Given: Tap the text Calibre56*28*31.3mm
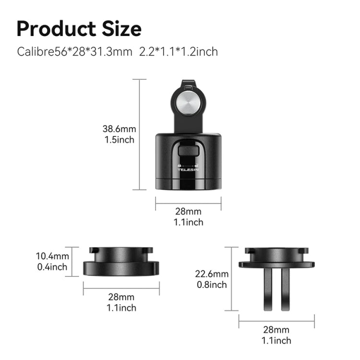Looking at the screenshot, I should coord(74,51).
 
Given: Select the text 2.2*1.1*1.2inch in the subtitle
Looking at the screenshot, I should coord(179,51).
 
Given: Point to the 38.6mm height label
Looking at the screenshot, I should coord(119,129).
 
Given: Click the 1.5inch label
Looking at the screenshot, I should coord(119,140).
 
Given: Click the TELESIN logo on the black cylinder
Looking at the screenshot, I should coord(188,169).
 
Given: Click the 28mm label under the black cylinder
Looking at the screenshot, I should coord(188,212).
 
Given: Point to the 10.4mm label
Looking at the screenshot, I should coord(53,257).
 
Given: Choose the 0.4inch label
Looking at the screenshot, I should coord(53,267).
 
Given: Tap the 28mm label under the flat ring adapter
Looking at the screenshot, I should coord(121,297).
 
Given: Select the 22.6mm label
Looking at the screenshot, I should coord(212,274).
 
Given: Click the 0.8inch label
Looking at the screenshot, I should coord(212,285).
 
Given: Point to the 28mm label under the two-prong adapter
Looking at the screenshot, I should coord(276,330).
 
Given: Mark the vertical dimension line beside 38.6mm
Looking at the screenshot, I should coord(140,134).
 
